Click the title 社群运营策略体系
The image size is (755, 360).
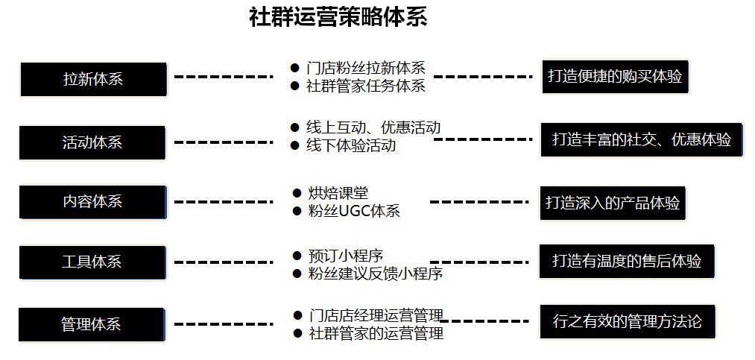(338, 17)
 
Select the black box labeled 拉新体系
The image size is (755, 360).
(93, 79)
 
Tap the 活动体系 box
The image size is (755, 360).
(92, 142)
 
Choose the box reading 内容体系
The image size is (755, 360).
(92, 202)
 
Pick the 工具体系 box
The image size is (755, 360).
(92, 262)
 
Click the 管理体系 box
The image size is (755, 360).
(91, 324)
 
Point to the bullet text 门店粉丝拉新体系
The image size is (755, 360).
(366, 67)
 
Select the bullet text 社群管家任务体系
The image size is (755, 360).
(366, 86)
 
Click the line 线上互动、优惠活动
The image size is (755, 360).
(373, 127)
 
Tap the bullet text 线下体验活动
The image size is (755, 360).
(351, 145)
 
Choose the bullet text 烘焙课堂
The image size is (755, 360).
(338, 193)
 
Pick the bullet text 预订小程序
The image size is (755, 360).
(346, 256)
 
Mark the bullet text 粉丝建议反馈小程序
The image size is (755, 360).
(376, 274)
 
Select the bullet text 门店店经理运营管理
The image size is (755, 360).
(376, 316)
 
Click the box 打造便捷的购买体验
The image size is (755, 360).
(615, 77)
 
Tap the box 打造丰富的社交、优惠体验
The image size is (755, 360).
(642, 139)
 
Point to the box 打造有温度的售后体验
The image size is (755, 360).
(627, 261)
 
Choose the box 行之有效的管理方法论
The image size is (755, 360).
(628, 321)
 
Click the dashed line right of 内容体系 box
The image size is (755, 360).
(224, 202)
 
